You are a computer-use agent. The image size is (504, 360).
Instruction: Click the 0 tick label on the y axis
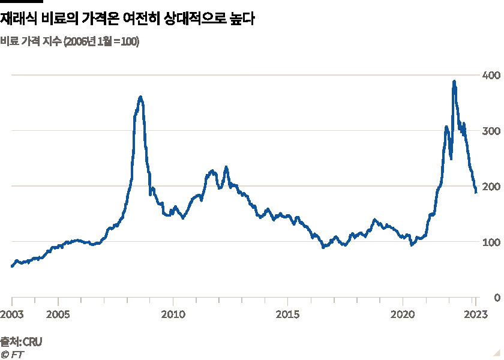coord(496,298)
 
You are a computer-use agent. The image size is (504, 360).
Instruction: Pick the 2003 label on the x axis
coord(12,314)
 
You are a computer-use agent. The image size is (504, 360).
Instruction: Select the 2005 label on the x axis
coord(57,314)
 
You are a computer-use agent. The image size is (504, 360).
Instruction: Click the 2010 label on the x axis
coord(173,314)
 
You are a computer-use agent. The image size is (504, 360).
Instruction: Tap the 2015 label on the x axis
coord(288,314)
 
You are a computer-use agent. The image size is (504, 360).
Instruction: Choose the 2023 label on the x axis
coord(475,314)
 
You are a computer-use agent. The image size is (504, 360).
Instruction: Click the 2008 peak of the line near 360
coord(140,97)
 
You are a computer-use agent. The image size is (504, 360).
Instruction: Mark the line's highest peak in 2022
coord(454,81)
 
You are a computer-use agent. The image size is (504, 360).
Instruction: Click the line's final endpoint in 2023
coord(476,193)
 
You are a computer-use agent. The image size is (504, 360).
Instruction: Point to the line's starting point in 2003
coord(12,266)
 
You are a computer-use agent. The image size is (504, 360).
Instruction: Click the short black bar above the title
coord(22,2)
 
